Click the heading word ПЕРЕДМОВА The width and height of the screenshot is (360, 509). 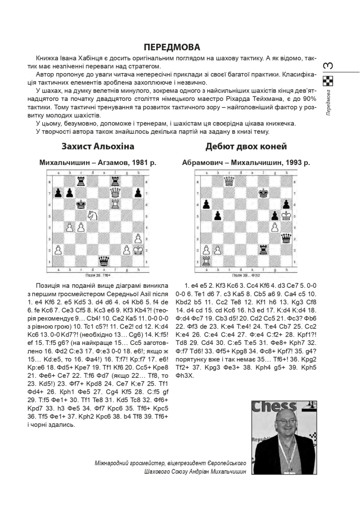[172, 47]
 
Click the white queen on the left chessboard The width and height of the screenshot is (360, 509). [115, 191]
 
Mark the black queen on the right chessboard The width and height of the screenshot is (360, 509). [285, 237]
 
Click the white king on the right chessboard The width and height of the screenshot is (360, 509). [285, 214]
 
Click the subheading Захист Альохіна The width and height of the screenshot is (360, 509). [97, 147]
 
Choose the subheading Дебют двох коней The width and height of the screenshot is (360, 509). [246, 147]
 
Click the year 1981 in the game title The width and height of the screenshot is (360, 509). [140, 162]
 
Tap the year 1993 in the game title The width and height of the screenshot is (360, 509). [293, 162]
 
